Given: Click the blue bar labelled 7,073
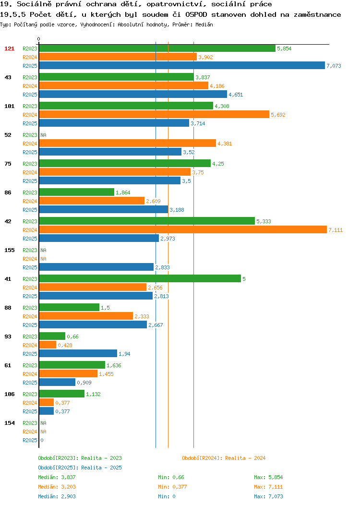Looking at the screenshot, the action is tap(182, 65).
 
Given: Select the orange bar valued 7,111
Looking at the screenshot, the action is tap(183, 229).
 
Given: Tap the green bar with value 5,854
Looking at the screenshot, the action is tap(157, 48).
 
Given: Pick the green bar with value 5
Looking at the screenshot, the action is tap(140, 278).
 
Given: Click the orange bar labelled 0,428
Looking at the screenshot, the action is tap(48, 345).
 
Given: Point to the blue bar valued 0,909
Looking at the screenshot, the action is tap(57, 382).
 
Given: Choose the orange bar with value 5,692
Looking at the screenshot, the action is tap(154, 114).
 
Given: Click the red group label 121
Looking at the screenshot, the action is tap(9, 48).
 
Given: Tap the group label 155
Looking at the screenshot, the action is tap(9, 250).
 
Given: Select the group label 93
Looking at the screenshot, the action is tap(8, 336).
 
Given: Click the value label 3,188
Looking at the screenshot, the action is tap(177, 210).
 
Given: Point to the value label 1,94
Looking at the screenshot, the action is tap(124, 354).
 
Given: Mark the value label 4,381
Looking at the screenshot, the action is tap(225, 144).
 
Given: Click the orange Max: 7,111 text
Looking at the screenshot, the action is tap(268, 487).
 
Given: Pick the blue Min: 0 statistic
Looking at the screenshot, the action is tap(167, 497).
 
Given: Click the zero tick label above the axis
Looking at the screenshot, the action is tap(39, 39).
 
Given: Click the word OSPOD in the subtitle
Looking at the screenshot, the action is tap(196, 14).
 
